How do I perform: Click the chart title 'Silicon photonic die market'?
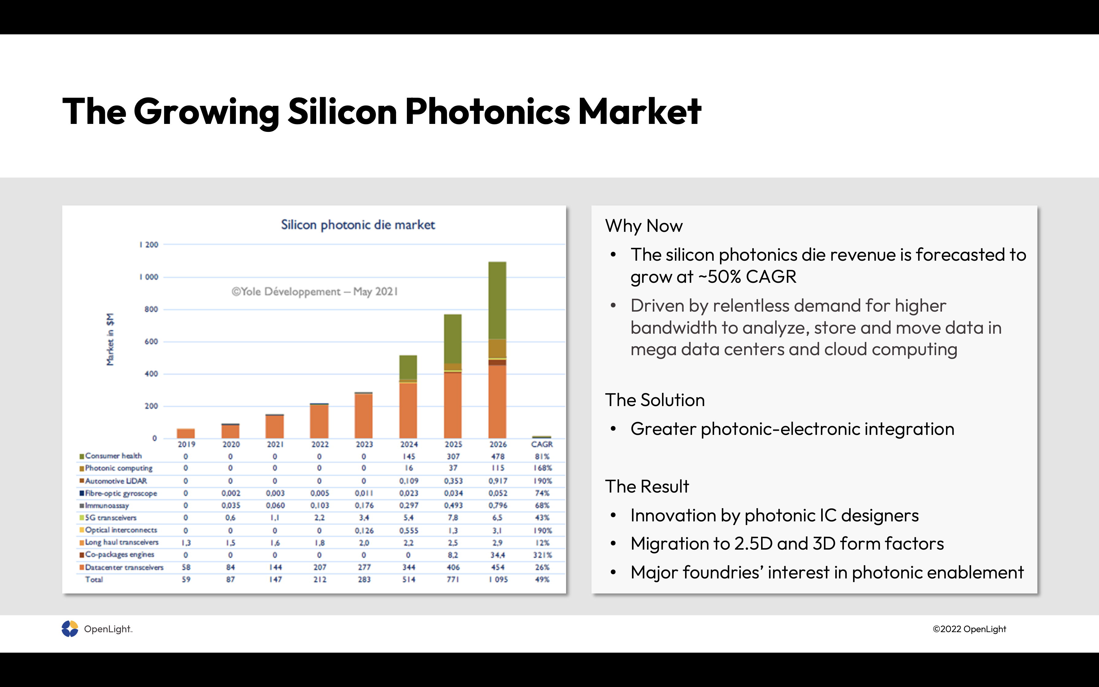[358, 225]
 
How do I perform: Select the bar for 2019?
[186, 433]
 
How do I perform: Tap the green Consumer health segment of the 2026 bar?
[497, 300]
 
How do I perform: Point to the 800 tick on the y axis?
[151, 309]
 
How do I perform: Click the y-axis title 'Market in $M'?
[110, 340]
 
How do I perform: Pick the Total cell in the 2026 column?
[498, 580]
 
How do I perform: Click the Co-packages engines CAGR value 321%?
[542, 555]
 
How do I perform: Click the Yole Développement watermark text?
[315, 292]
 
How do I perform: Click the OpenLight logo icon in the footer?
[70, 629]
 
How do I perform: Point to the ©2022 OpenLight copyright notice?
[969, 629]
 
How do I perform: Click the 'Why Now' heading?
[644, 226]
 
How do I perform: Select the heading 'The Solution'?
[655, 400]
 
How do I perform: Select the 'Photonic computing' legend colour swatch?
[82, 468]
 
